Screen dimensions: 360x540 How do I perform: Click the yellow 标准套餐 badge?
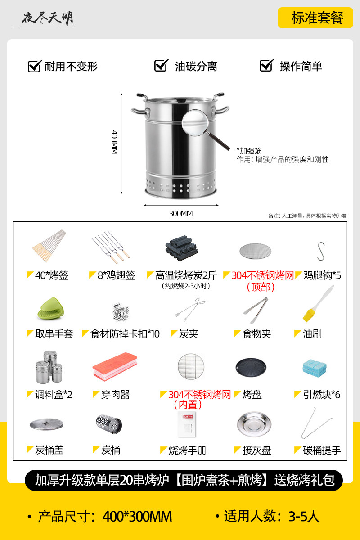(x=315, y=18)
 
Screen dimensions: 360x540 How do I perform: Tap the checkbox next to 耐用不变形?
(x=35, y=66)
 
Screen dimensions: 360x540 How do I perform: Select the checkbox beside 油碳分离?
(x=161, y=65)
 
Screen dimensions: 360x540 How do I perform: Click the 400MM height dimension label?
(x=114, y=142)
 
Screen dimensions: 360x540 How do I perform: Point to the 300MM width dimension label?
(x=181, y=214)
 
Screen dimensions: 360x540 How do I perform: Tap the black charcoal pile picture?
(x=181, y=248)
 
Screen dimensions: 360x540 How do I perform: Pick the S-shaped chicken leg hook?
(x=321, y=251)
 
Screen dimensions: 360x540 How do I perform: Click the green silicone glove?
(x=51, y=309)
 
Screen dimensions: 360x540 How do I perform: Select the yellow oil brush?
(x=318, y=304)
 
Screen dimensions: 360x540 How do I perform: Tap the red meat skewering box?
(x=115, y=366)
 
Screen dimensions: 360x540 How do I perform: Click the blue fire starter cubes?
(x=315, y=368)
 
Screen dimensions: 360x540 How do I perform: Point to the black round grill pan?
(x=251, y=367)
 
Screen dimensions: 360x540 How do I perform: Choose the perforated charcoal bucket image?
(x=109, y=424)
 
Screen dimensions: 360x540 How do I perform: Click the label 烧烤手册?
(x=187, y=450)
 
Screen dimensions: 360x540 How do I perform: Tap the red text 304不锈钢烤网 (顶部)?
(x=262, y=281)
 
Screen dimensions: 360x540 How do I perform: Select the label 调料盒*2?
(x=54, y=395)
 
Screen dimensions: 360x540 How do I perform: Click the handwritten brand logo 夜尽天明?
(x=47, y=18)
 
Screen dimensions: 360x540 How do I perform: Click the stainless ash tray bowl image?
(x=254, y=424)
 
